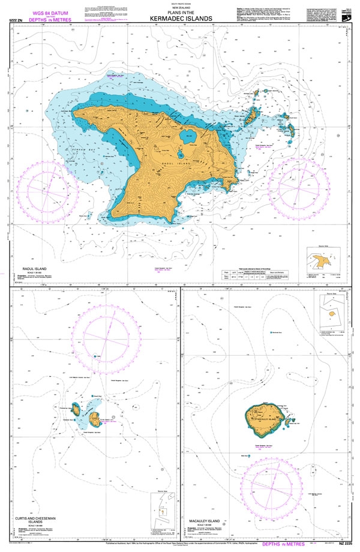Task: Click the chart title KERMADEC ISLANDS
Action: (x=179, y=19)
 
